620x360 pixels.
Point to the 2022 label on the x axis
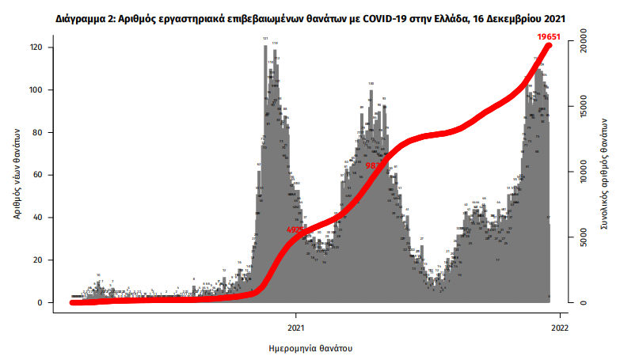(559, 326)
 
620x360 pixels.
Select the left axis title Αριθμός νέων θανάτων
(17, 175)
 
